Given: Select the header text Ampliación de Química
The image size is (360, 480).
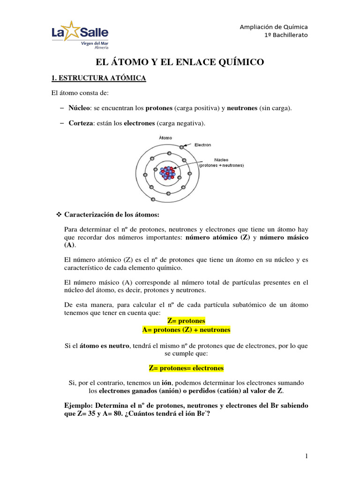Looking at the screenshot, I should [274, 27].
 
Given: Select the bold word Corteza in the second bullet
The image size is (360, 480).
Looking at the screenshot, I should [80, 123].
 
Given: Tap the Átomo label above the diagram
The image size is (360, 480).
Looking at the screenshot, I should [165, 138].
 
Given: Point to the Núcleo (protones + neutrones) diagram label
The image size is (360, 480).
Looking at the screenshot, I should [221, 162].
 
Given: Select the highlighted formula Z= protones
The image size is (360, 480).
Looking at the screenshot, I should [186, 321].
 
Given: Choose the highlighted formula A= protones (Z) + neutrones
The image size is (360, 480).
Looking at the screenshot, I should [186, 330].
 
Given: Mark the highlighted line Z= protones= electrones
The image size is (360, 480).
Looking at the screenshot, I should [186, 368].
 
